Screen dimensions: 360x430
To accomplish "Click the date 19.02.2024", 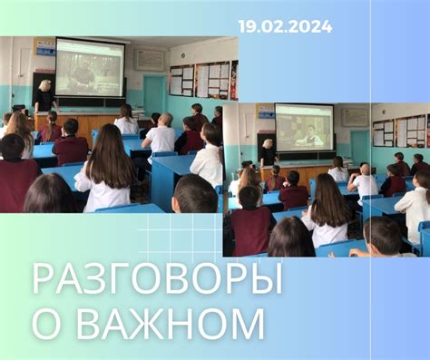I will (285, 26).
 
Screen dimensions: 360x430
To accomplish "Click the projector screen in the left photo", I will (90, 67).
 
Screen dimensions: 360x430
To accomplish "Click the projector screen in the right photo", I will (304, 126).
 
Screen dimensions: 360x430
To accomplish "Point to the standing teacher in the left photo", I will (43, 100).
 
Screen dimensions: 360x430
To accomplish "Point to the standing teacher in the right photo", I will (268, 153).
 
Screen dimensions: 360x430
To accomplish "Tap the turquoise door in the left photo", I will (154, 94).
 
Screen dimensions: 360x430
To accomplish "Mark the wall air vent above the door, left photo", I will (151, 60).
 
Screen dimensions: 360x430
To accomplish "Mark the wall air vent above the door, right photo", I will (355, 117).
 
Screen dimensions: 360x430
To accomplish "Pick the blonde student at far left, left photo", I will (18, 131).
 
